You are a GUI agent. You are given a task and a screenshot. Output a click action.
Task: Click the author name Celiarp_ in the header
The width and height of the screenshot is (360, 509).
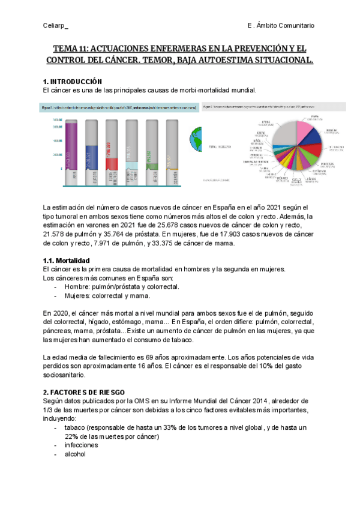56,25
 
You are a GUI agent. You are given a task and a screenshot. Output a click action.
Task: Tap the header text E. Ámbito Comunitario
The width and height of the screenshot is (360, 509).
281,25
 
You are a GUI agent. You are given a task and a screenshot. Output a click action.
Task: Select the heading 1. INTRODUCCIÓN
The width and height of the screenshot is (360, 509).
73,81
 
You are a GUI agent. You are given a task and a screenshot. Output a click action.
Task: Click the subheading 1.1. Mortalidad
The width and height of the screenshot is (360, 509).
66,261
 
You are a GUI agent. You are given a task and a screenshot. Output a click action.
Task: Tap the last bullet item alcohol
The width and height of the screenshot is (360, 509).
75,454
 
